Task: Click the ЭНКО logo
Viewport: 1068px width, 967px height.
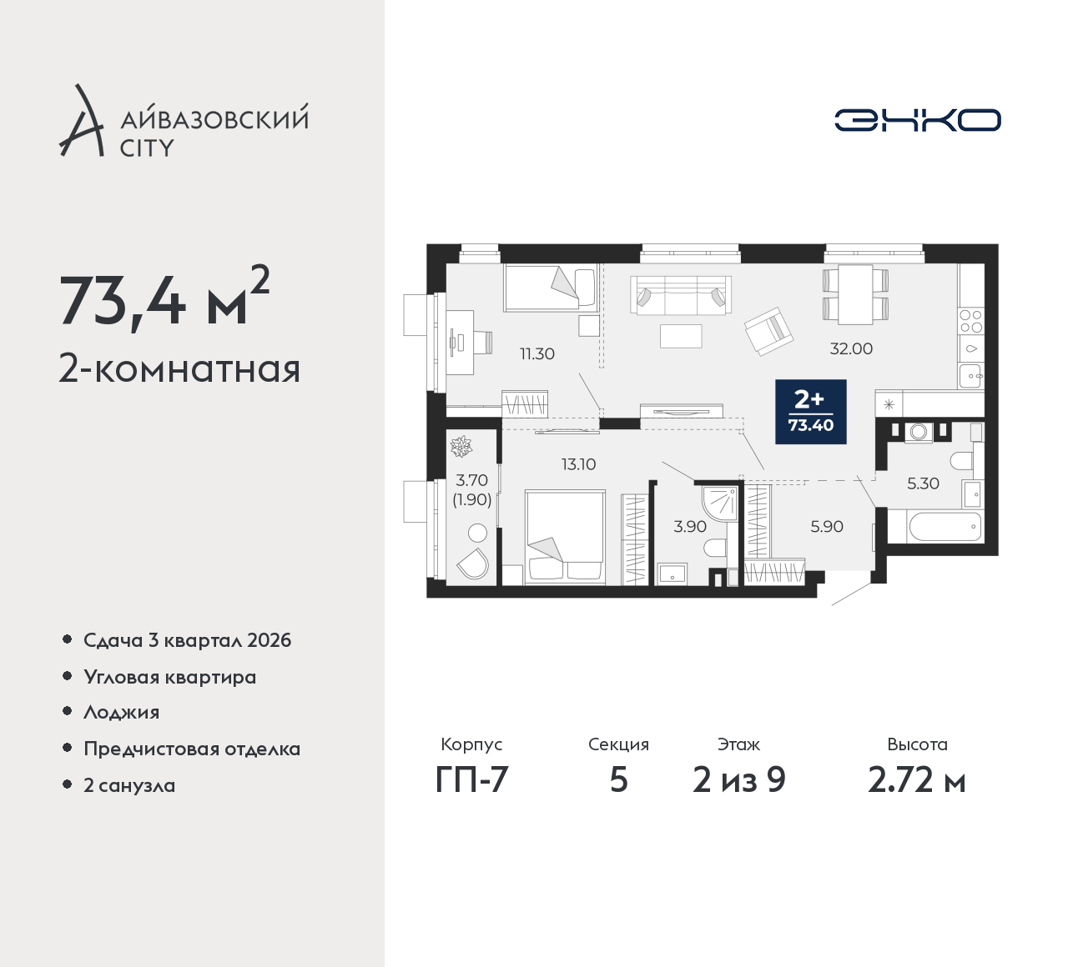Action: (x=918, y=120)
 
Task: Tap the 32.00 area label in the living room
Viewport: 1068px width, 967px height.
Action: (x=851, y=349)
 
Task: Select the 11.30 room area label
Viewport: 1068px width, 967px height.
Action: (x=537, y=353)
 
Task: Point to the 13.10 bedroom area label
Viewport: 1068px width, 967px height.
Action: (x=579, y=464)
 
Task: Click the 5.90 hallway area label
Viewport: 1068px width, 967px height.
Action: (x=827, y=527)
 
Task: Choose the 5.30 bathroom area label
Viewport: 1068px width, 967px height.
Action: (x=923, y=483)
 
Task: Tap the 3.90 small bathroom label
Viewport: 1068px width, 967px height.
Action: (x=690, y=527)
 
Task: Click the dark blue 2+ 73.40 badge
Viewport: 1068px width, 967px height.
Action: (x=811, y=412)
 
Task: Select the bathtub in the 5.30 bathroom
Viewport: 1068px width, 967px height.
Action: (x=945, y=527)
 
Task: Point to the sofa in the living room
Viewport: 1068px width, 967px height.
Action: (x=680, y=295)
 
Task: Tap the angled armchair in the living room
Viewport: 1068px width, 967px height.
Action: (x=768, y=331)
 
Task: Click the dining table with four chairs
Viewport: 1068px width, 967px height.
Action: (x=855, y=294)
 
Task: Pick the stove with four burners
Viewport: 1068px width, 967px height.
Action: (x=970, y=321)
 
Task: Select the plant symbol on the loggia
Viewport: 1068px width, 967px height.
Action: (x=461, y=446)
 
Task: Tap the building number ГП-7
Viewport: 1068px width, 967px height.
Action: (x=471, y=780)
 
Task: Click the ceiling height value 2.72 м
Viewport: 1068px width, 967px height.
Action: (x=917, y=780)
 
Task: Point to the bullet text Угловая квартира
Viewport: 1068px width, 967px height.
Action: (x=170, y=678)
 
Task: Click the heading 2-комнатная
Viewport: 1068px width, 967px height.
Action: (x=179, y=369)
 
